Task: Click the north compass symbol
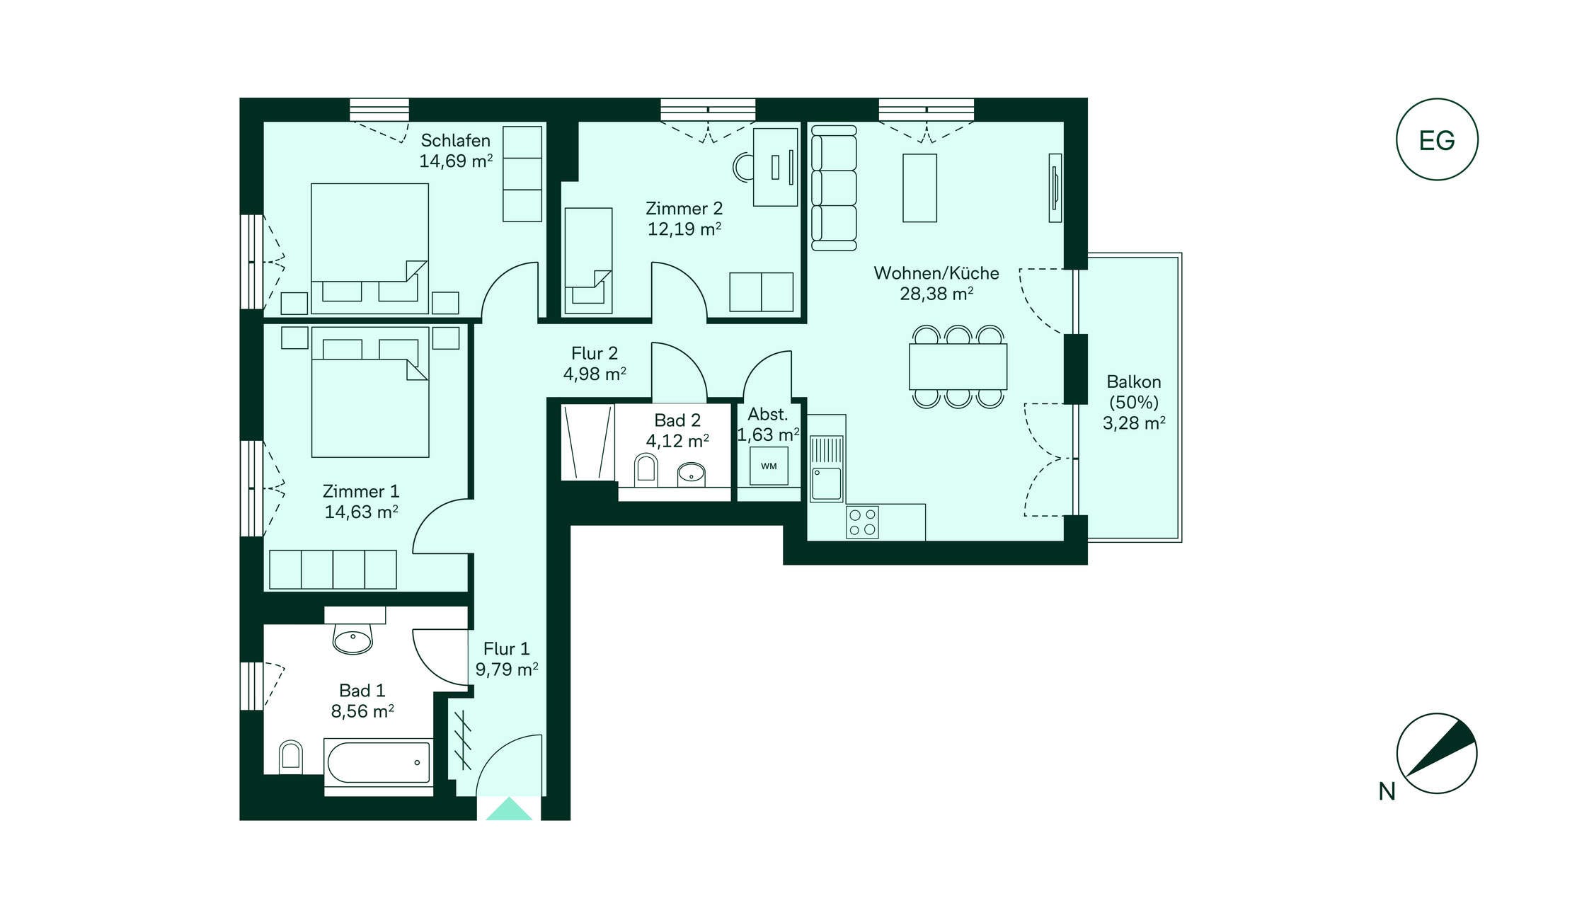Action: point(1437,753)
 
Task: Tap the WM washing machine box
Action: point(769,466)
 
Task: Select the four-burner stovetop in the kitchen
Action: point(863,522)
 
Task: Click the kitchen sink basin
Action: point(827,484)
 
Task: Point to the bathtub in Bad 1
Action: point(379,762)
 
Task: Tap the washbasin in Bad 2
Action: point(692,473)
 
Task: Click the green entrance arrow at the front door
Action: point(509,809)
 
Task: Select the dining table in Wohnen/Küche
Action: point(958,367)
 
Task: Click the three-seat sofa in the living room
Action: point(834,188)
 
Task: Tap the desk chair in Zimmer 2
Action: point(743,168)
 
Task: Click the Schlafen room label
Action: point(455,140)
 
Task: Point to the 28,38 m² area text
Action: point(936,294)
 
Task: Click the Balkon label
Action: point(1134,382)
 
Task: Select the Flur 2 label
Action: point(595,353)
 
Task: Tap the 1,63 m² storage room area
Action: point(769,435)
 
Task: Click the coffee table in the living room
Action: point(919,188)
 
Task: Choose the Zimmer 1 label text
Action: point(361,491)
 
